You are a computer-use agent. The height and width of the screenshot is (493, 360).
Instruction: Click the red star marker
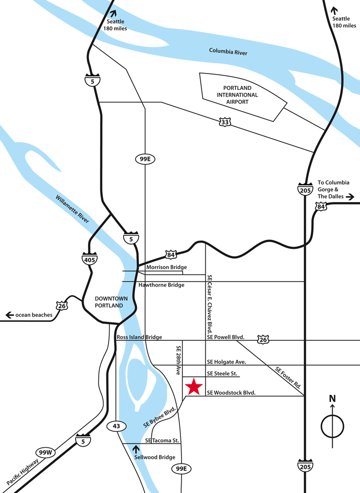(193, 386)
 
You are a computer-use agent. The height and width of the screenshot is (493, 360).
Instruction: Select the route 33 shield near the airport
(225, 122)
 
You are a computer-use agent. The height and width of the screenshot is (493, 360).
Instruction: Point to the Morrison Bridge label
(166, 267)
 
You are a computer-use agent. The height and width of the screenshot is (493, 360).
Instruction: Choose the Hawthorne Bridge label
(161, 285)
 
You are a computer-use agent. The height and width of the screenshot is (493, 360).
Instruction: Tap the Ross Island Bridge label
(139, 337)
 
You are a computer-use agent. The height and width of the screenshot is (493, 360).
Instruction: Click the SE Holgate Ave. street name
(227, 362)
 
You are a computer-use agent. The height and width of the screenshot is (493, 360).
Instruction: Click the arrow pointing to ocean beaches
(9, 315)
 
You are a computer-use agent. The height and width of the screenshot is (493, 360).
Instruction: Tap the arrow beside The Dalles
(350, 196)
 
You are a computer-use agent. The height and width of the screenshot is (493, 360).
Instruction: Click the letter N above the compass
(332, 398)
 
